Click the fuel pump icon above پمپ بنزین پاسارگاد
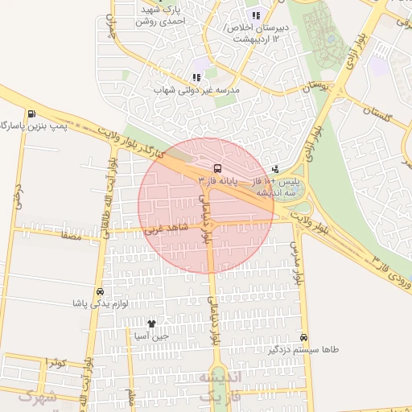[x=31, y=114]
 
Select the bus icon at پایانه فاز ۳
[x=217, y=168]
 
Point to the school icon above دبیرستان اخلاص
[x=256, y=15]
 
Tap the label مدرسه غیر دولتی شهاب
[x=196, y=90]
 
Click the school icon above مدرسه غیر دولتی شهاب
[x=196, y=77]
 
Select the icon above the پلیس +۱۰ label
[x=277, y=169]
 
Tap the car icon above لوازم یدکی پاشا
[x=100, y=291]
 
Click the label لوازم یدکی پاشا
[x=100, y=304]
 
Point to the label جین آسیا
[x=151, y=336]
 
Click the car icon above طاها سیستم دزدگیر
[x=303, y=336]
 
